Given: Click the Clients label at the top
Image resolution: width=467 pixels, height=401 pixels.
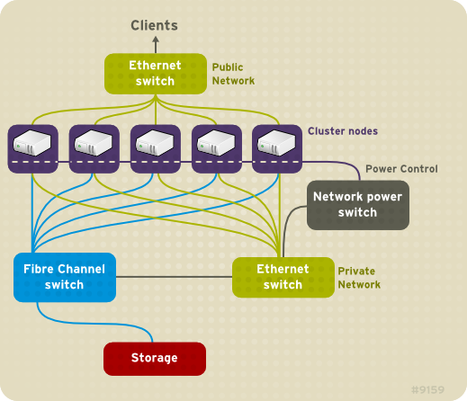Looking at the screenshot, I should click(x=154, y=25).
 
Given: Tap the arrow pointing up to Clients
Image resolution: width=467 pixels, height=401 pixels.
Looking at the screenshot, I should click(x=155, y=43).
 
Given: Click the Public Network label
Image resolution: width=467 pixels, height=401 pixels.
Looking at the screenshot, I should click(x=233, y=74).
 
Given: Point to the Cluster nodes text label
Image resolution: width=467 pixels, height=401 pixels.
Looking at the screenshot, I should click(x=343, y=131).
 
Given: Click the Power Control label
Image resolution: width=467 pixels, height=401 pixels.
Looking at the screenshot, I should click(x=401, y=169).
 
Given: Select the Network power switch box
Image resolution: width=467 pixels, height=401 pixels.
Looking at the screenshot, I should click(x=358, y=204).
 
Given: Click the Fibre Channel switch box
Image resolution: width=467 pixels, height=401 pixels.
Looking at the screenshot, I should click(x=60, y=277).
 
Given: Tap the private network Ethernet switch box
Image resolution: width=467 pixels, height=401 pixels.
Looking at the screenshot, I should click(x=283, y=277).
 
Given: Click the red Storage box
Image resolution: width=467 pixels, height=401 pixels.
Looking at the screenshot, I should click(x=155, y=358).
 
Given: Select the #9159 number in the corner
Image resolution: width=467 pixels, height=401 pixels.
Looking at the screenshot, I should click(x=429, y=390).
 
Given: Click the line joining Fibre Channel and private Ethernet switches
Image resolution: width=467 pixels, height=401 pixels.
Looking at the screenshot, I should click(x=171, y=277).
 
